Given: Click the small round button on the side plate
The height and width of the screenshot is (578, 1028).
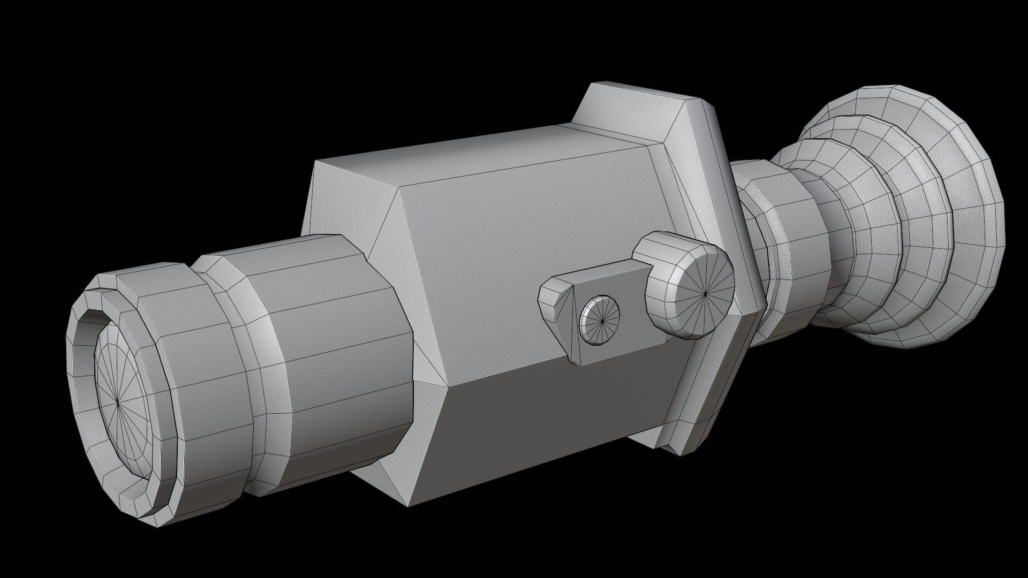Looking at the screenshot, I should point(600,320).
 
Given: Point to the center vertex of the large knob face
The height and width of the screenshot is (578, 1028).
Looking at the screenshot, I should point(706,293).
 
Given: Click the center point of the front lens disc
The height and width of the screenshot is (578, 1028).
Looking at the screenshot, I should point(118,404).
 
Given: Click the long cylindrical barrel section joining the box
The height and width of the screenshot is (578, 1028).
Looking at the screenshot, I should point(343,343).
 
